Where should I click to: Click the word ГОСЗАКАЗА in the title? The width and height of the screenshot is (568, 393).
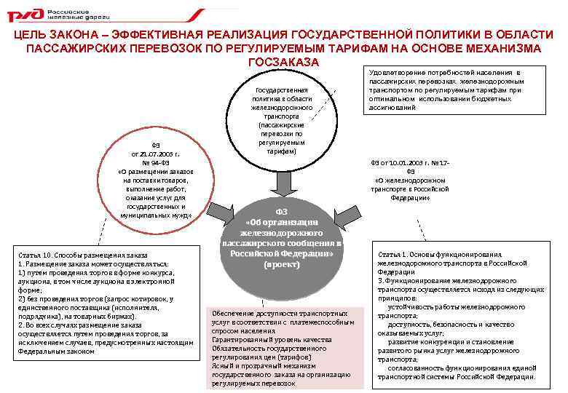283,61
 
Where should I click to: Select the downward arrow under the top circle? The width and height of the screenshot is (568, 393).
281,180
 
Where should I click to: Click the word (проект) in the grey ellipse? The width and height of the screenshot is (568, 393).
281,265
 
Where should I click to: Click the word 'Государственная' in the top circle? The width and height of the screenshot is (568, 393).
281,89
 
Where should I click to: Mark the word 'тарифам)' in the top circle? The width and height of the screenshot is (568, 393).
281,151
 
